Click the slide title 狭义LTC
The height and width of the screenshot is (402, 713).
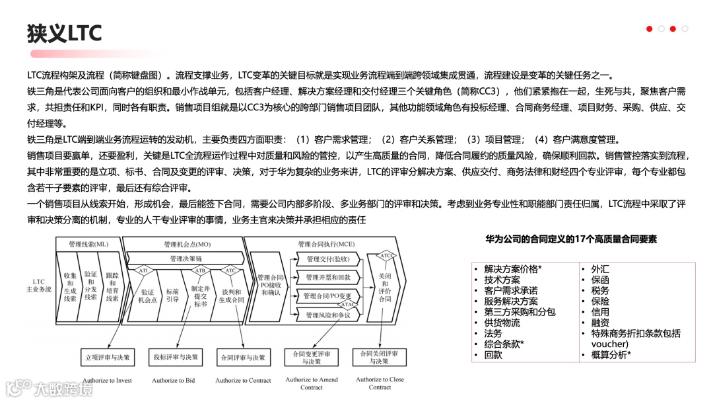pyautogui.click(x=65, y=33)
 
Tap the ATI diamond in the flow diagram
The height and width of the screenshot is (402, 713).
pyautogui.click(x=144, y=270)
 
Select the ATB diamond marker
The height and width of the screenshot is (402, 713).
pyautogui.click(x=201, y=270)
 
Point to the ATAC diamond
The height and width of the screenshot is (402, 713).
pyautogui.click(x=348, y=304)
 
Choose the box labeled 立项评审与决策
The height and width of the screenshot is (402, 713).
pyautogui.click(x=107, y=358)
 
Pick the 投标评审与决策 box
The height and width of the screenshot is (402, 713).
pyautogui.click(x=174, y=358)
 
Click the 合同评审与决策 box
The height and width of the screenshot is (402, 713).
pyautogui.click(x=243, y=358)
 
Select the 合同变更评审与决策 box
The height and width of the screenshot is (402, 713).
pyautogui.click(x=311, y=358)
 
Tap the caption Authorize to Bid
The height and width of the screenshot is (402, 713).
pyautogui.click(x=174, y=380)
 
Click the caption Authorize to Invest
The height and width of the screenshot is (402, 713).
pyautogui.click(x=108, y=380)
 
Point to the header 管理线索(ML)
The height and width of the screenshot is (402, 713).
pyautogui.click(x=88, y=244)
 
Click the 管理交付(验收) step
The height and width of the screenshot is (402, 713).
pyautogui.click(x=327, y=259)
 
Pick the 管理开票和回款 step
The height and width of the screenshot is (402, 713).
pyautogui.click(x=327, y=277)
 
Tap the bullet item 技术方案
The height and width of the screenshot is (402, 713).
pyautogui.click(x=502, y=280)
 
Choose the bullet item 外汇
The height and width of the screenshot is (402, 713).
pyautogui.click(x=600, y=269)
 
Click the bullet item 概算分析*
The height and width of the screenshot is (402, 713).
pyautogui.click(x=611, y=355)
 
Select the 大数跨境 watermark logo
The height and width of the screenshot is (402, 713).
pyautogui.click(x=49, y=387)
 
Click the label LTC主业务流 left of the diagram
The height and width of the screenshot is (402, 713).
pyautogui.click(x=38, y=286)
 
